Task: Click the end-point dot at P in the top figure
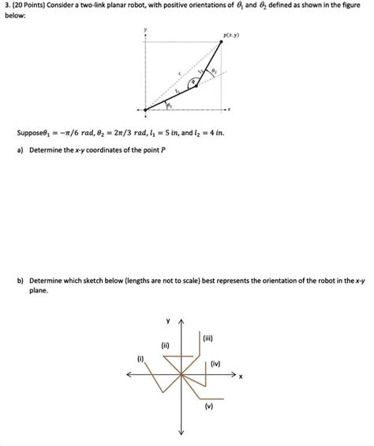tap(221, 43)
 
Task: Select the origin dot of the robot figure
tap(145, 109)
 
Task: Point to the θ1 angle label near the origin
tap(169, 105)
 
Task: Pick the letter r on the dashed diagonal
tap(179, 76)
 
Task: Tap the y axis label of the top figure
tap(145, 29)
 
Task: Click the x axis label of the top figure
tap(230, 109)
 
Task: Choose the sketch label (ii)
tap(165, 345)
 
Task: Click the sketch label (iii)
tap(208, 338)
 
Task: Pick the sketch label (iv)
tap(215, 364)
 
